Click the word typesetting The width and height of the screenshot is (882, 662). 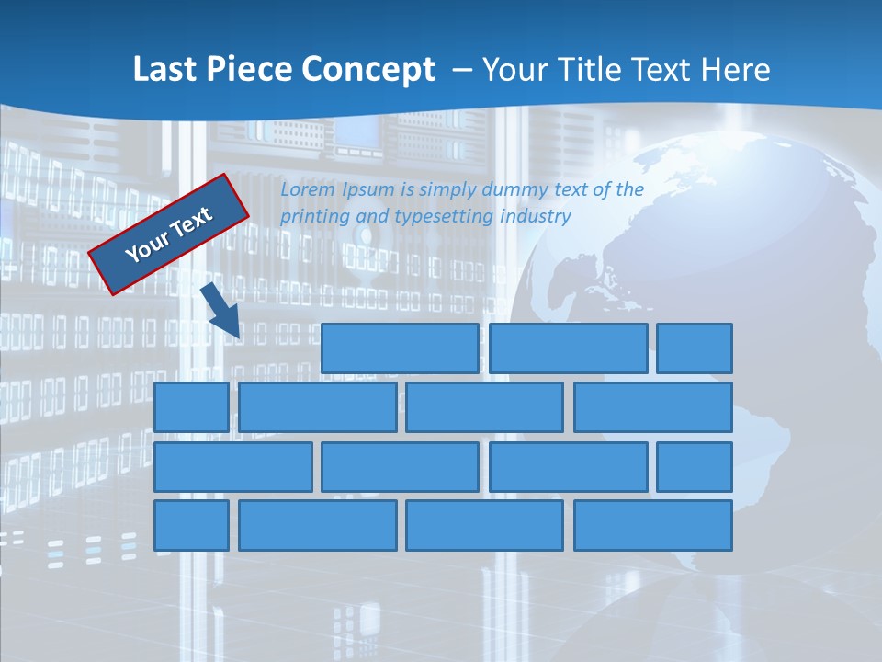click(x=445, y=216)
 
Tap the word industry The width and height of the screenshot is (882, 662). click(x=536, y=216)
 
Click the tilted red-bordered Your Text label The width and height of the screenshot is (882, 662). click(x=169, y=234)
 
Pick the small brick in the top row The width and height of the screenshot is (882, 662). click(x=694, y=348)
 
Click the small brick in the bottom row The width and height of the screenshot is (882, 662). click(x=191, y=525)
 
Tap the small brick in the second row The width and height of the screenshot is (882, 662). click(x=191, y=406)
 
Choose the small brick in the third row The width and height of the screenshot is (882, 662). click(x=694, y=466)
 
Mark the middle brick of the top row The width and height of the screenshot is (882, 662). click(x=568, y=348)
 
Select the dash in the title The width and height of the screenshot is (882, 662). click(x=463, y=70)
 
